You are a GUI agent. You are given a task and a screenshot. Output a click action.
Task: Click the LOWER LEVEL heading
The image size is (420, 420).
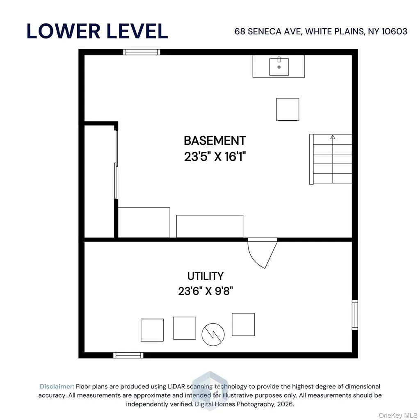(x=97, y=31)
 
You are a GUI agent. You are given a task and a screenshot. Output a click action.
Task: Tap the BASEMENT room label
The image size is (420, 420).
(x=215, y=141)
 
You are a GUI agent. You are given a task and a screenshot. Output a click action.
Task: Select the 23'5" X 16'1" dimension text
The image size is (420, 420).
(x=215, y=156)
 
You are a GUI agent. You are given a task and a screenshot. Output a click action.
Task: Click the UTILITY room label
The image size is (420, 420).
(x=205, y=276)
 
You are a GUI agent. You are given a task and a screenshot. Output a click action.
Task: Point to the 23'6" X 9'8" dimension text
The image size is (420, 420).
(x=205, y=291)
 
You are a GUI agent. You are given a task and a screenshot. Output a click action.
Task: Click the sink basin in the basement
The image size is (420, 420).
(x=279, y=67)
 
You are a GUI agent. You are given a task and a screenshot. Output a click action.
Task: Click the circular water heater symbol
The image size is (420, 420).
(x=213, y=335)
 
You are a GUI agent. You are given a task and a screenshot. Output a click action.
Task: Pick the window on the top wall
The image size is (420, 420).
(x=142, y=52)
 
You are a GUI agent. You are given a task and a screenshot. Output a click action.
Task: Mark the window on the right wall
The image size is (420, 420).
(x=355, y=315)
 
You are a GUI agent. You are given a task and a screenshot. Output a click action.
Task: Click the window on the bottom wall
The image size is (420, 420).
(x=128, y=355)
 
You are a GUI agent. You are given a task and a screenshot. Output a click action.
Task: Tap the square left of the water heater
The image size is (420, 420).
(x=185, y=328)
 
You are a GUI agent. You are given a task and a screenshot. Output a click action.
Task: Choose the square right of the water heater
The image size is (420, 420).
(x=243, y=324)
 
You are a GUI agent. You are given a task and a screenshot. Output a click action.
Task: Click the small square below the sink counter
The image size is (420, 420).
(x=288, y=110)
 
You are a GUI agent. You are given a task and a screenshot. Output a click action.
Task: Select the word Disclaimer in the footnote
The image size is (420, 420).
(x=57, y=386)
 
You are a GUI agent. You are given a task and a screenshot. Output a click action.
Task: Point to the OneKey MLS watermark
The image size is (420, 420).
(x=398, y=415)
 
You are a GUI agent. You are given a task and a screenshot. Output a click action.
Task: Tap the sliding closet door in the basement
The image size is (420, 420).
(x=116, y=165)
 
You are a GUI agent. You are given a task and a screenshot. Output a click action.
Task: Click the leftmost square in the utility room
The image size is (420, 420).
(x=152, y=330)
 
